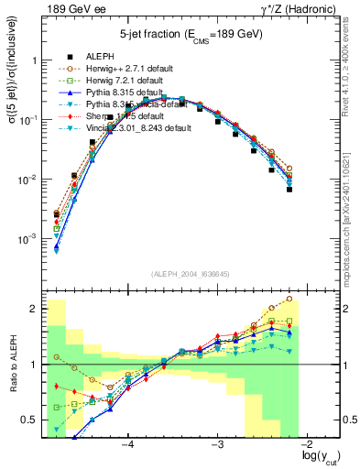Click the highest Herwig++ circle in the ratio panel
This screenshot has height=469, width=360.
[x=289, y=299]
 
